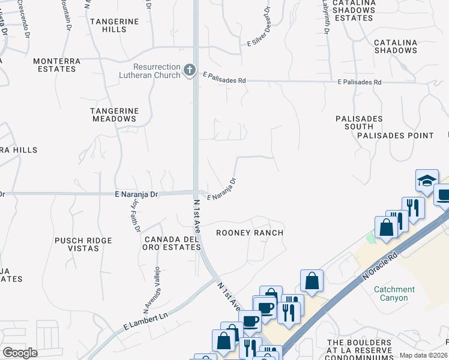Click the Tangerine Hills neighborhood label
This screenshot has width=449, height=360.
tap(114, 25)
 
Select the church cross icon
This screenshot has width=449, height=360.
tap(190, 70)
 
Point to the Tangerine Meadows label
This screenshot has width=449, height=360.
tap(114, 115)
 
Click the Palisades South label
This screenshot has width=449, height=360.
tap(359, 123)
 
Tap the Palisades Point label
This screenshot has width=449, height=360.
tap(396, 136)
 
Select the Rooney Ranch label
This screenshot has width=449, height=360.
tap(249, 232)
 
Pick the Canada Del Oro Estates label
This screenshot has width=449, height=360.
tap(171, 243)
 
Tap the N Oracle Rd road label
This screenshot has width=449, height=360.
tap(381, 268)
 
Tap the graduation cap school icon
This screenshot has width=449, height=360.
tap(427, 181)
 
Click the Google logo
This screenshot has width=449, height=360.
tap(20, 353)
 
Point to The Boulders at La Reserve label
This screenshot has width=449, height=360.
tap(360, 347)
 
